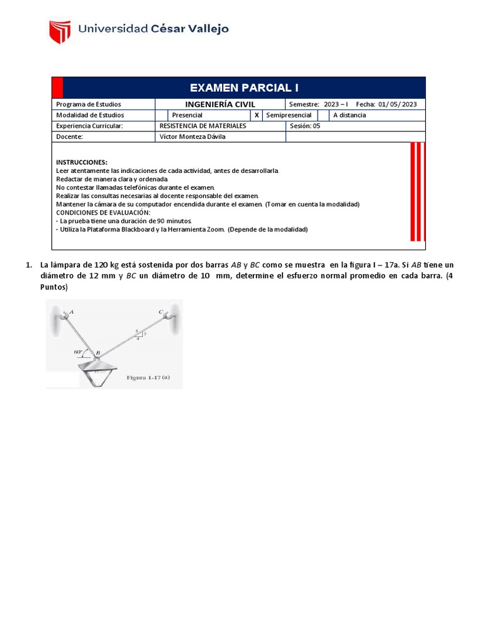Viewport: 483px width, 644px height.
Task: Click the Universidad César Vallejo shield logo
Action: [x=60, y=31]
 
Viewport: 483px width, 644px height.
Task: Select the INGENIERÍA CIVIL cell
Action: [x=220, y=104]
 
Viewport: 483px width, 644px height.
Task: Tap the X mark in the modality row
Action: [x=257, y=116]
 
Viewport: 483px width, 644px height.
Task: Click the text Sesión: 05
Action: [x=305, y=126]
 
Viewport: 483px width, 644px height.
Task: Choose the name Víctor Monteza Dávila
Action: [x=193, y=136]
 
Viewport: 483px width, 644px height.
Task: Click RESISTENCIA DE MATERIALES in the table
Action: [x=203, y=126]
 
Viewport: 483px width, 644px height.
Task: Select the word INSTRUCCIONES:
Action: [x=82, y=162]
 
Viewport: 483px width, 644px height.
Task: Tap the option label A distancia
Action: [x=350, y=116]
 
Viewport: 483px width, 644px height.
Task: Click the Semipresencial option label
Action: [x=289, y=116]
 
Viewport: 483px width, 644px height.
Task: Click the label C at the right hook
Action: [x=161, y=311]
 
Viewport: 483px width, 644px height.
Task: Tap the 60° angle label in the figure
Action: [x=79, y=352]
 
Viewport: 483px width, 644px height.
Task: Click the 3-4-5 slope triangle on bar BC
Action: [x=140, y=335]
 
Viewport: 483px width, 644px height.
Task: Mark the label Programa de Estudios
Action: [x=89, y=104]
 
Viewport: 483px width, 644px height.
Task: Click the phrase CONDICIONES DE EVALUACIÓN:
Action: [x=103, y=213]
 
